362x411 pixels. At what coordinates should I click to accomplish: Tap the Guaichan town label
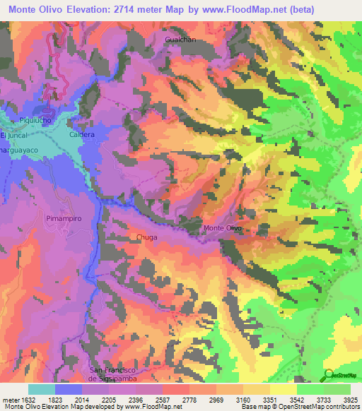180,40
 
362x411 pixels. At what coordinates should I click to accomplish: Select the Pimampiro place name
64,219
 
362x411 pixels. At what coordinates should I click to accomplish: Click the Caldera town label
82,133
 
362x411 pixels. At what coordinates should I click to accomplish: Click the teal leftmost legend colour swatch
42,389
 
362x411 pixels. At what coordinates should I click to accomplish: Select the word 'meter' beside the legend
8,399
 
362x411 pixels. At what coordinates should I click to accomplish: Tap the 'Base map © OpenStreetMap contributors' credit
302,407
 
